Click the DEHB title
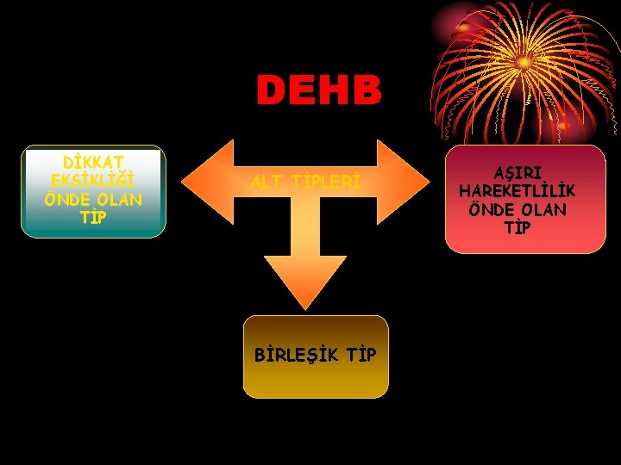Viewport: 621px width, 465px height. click(x=318, y=90)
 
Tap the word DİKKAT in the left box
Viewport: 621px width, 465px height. click(x=93, y=162)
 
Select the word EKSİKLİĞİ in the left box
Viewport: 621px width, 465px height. click(x=93, y=181)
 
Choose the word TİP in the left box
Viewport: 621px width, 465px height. click(x=93, y=217)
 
